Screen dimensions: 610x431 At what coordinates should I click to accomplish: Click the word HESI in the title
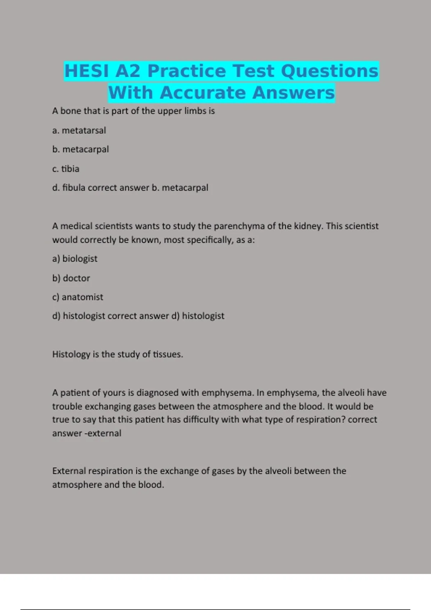(x=87, y=71)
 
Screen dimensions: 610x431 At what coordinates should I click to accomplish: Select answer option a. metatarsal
(x=79, y=130)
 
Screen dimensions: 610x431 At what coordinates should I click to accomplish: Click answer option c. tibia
(x=66, y=169)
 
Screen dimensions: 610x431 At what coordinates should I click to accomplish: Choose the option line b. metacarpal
(x=80, y=149)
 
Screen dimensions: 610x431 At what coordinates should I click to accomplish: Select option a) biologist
(x=75, y=259)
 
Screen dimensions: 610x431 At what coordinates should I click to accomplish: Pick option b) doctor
(x=71, y=278)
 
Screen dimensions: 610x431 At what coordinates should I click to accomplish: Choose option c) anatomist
(x=78, y=297)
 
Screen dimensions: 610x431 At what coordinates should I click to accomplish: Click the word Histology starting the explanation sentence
(x=71, y=355)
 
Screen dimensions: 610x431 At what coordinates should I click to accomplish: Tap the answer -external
(x=103, y=433)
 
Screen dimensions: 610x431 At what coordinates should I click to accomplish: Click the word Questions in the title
(x=329, y=71)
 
